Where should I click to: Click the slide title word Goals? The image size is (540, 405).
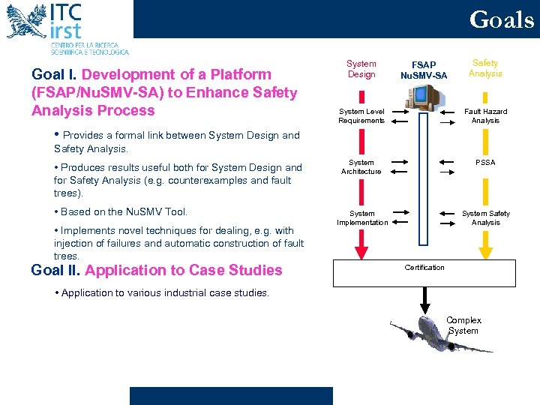pos(502,19)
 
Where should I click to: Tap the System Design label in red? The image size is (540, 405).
pos(361,69)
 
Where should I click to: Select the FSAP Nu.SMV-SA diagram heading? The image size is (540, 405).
pos(424,70)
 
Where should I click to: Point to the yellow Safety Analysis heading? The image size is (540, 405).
pos(485,68)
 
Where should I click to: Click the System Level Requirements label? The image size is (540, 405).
pos(361,115)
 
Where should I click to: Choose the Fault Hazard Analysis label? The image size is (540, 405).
pos(485,115)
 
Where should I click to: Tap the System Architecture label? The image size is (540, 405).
pos(361,166)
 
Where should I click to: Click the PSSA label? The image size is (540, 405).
pos(485,162)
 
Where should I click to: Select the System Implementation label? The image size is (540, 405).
pos(362,217)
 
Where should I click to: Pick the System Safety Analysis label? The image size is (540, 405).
pos(485,217)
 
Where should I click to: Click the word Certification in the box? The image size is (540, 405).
pos(424,268)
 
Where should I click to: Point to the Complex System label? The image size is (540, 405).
pos(463,325)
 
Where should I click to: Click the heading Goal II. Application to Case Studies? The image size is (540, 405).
pos(157,271)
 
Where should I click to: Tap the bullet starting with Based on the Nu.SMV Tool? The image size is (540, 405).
pos(121,211)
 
